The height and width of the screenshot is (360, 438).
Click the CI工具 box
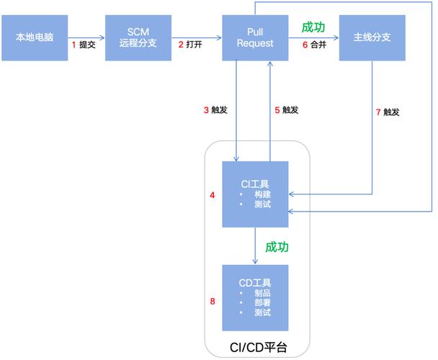255,194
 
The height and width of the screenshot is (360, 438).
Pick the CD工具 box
255,297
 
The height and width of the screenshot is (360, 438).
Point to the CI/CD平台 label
258,348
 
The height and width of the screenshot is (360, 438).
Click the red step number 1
74,45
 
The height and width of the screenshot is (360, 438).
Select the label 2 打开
191,45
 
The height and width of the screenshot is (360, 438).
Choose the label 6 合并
314,45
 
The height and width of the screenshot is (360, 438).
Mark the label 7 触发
388,112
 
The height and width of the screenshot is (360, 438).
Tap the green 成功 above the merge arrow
313,27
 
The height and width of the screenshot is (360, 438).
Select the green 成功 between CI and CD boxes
277,247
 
